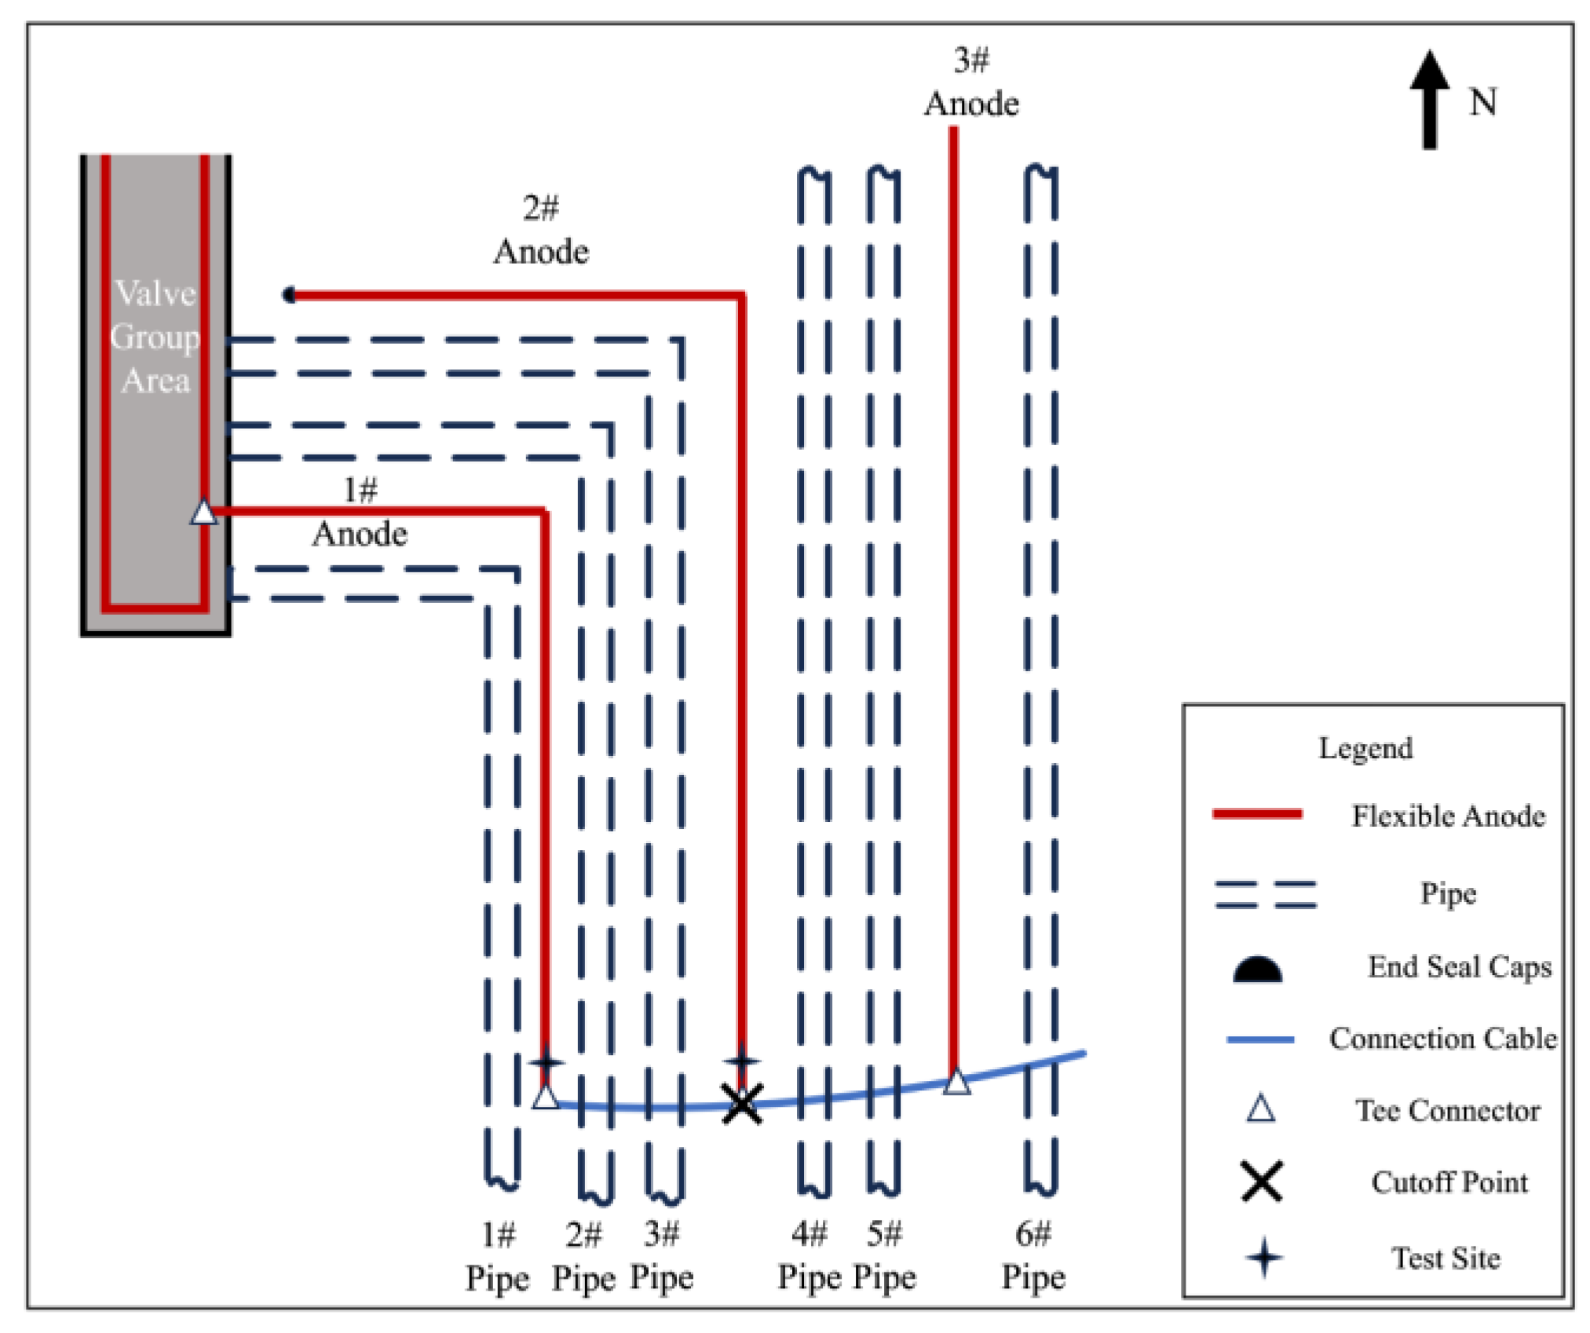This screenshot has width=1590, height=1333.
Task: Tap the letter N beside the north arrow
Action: [1482, 102]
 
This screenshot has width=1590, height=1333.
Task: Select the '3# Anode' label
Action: [970, 82]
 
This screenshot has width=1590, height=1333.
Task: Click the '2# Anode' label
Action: [541, 230]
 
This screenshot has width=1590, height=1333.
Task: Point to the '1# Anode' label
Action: [360, 512]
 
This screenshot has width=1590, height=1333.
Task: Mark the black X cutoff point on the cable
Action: [741, 1104]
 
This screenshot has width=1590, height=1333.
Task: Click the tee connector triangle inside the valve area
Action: [204, 512]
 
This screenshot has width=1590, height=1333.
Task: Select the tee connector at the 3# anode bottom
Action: [956, 1082]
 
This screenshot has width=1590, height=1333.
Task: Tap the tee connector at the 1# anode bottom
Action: [546, 1097]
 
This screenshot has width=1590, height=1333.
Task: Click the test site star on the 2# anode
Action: [741, 1061]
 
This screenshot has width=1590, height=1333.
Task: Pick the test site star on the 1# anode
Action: [546, 1062]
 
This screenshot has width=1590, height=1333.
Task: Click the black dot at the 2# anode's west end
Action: [289, 295]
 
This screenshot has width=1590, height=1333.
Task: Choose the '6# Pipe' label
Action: [1033, 1255]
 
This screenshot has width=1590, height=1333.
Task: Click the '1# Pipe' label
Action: [497, 1256]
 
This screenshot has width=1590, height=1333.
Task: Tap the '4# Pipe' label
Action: [809, 1255]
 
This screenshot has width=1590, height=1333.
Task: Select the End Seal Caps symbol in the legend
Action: [1257, 970]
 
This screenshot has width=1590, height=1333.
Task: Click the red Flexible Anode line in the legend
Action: [1257, 814]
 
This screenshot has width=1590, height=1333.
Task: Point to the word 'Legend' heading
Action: [1365, 747]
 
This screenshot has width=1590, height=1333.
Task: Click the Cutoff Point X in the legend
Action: [1262, 1181]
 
